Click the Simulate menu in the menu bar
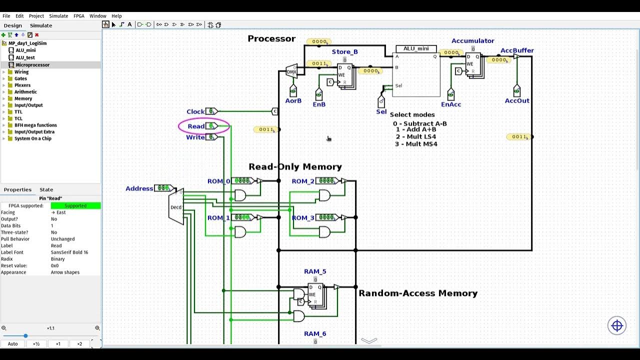tap(58, 16)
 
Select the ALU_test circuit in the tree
tap(25, 57)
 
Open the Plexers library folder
tap(22, 85)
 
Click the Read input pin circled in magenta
tap(211, 126)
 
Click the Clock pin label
tap(195, 111)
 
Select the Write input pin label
tap(195, 137)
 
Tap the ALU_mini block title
tap(416, 48)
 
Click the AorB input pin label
tap(293, 100)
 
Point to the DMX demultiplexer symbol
tap(291, 71)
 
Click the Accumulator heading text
tap(472, 41)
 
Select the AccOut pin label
tap(517, 100)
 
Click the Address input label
tap(139, 188)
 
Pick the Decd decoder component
tap(176, 206)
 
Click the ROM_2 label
tap(303, 181)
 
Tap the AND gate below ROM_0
tap(240, 195)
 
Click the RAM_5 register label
tap(315, 271)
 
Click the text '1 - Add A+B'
tap(416, 129)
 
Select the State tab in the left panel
tap(46, 189)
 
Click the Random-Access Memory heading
tap(418, 293)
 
